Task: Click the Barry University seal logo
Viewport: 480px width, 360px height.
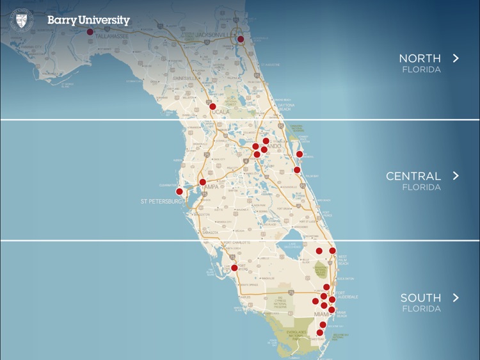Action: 21,20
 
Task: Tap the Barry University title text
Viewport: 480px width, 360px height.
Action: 88,20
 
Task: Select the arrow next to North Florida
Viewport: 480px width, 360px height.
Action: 456,58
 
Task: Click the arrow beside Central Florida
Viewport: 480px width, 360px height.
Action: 456,176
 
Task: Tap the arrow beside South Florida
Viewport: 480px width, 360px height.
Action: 456,297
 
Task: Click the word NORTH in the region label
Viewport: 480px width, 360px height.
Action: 419,58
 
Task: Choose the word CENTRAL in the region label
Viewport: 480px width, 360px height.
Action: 413,176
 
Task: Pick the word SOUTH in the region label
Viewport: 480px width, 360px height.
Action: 420,297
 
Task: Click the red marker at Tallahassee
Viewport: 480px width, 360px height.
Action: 90,31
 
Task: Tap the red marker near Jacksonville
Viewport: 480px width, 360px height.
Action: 241,39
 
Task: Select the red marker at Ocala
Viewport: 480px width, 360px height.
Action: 212,106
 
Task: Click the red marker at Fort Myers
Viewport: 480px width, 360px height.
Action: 234,268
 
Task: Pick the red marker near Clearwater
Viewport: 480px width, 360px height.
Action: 179,191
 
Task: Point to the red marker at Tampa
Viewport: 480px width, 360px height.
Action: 203,182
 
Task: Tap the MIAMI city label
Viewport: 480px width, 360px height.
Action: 321,314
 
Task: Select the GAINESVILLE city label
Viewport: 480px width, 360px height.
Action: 186,78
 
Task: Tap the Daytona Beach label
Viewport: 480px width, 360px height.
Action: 285,106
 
